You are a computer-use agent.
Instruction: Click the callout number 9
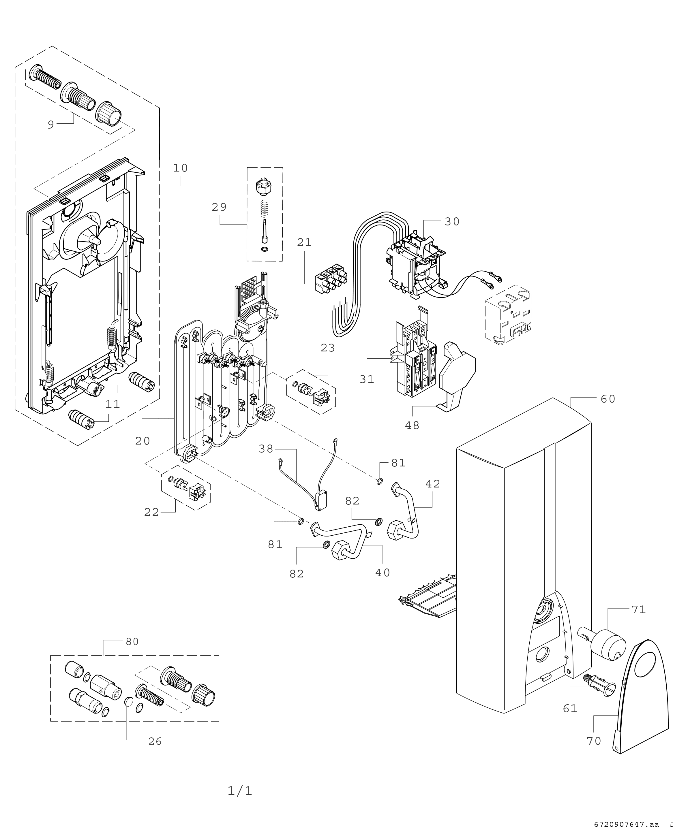50,125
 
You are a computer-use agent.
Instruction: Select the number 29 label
219,208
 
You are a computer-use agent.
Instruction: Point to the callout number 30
452,222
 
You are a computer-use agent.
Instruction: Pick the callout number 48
412,425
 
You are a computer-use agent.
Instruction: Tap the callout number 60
608,399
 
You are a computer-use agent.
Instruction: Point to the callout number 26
155,741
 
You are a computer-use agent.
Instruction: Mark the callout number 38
266,449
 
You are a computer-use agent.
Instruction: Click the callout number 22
152,512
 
